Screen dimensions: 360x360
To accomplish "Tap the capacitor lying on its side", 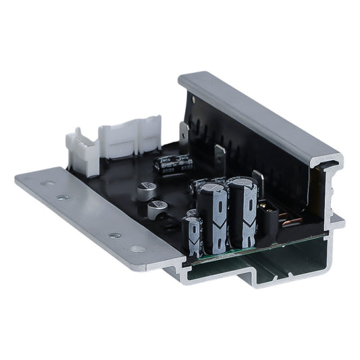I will [174, 163].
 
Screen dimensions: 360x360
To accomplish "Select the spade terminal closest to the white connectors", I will [184, 131].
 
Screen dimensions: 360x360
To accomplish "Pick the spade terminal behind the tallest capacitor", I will [257, 180].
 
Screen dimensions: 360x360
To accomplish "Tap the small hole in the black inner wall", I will [195, 100].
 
